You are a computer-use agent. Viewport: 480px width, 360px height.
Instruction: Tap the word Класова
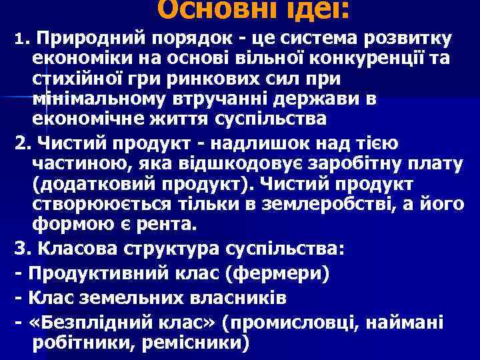[x=79, y=250]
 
